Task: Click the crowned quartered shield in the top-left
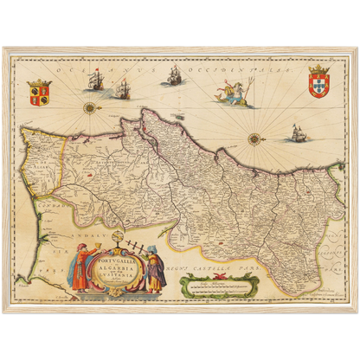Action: click(x=40, y=93)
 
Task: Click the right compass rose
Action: click(x=254, y=138)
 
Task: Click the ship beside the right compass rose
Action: click(x=297, y=133)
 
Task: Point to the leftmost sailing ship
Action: click(x=97, y=80)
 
